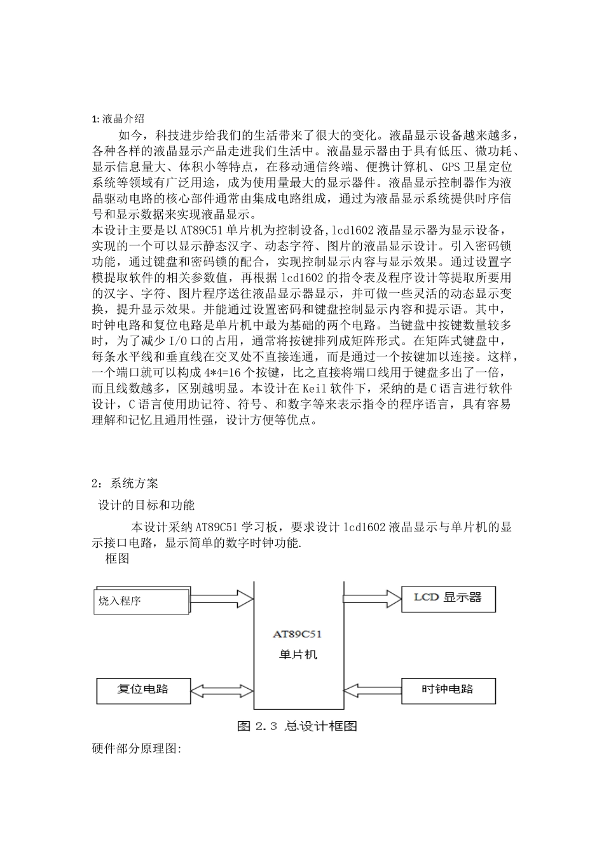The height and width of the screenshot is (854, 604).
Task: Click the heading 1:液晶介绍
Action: click(x=118, y=119)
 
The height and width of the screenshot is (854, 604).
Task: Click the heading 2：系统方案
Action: click(x=125, y=484)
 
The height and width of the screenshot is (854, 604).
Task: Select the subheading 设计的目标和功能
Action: click(x=146, y=505)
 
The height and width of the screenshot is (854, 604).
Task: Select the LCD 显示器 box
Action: click(x=448, y=598)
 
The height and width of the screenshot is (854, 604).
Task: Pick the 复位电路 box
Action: click(x=143, y=689)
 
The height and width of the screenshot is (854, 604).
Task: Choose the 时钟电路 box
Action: click(x=448, y=689)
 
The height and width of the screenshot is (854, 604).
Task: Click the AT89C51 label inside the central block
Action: click(x=298, y=634)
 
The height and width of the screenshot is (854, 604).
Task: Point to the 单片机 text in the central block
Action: click(x=298, y=654)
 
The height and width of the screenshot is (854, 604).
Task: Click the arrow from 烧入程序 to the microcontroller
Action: click(x=221, y=599)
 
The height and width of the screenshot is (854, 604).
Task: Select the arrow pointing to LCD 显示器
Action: click(x=373, y=598)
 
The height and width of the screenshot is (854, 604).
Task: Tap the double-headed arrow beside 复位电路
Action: click(x=222, y=689)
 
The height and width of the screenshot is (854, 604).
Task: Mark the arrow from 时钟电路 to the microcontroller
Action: click(x=373, y=689)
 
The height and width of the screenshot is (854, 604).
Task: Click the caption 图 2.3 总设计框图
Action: click(x=297, y=726)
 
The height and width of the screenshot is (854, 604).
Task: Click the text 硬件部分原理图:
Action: click(x=137, y=749)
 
